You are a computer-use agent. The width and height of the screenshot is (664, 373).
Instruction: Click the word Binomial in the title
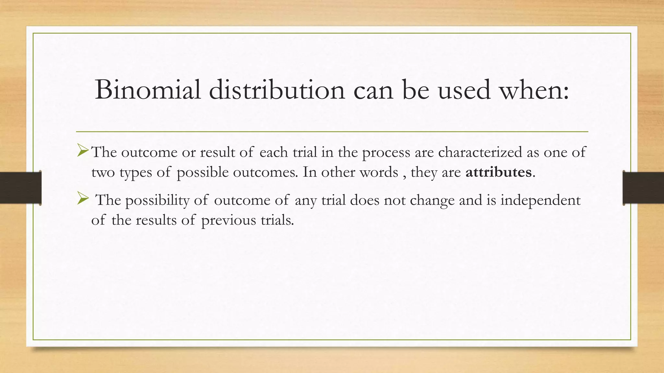148,90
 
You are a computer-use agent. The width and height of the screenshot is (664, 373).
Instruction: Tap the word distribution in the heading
277,90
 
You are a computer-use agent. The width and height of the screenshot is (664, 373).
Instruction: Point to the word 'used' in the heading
464,90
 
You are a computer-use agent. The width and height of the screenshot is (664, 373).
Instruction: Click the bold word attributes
498,172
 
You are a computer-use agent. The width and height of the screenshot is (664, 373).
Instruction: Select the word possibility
157,200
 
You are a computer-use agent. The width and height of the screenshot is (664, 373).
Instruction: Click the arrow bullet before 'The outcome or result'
83,151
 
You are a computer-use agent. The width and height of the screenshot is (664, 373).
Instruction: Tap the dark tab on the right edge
643,188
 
